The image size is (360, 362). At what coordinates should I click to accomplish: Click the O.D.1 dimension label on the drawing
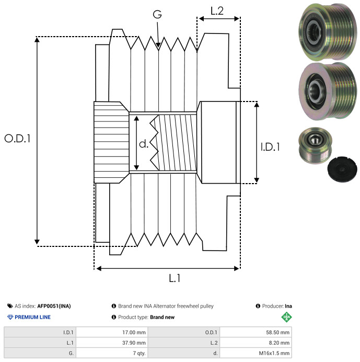[17, 139]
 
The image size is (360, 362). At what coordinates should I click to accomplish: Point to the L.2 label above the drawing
[217, 10]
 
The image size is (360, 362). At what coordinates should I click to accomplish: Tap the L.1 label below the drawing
[175, 278]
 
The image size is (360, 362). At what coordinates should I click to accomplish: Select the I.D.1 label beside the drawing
[270, 148]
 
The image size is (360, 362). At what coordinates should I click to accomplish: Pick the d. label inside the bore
[144, 144]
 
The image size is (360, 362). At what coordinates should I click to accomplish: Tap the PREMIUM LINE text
[32, 317]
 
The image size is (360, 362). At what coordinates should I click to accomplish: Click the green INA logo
[286, 317]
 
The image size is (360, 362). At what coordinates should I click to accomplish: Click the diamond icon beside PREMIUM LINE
[10, 317]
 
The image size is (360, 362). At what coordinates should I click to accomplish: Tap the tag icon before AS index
[10, 306]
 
